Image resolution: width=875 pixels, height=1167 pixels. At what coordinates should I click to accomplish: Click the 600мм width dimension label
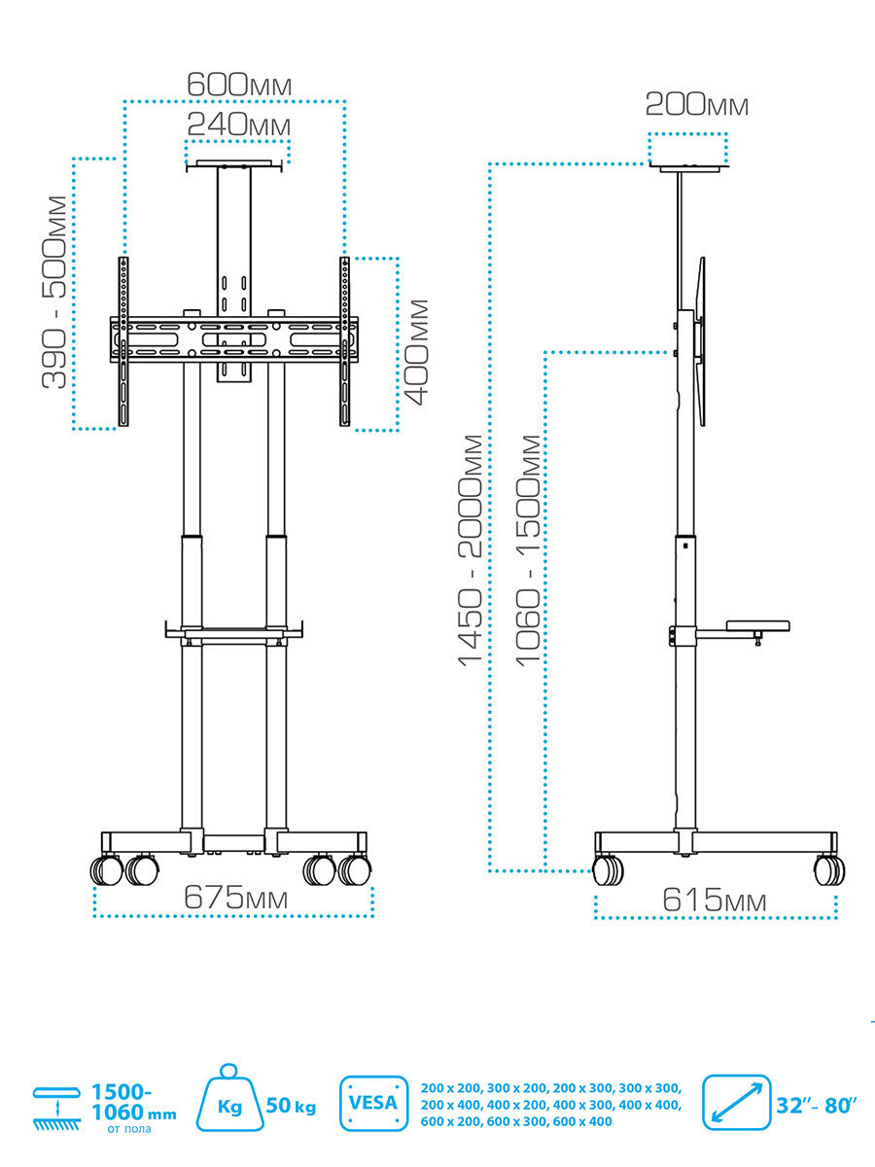click(x=239, y=84)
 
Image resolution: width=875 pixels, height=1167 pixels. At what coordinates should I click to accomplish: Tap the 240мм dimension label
click(x=239, y=124)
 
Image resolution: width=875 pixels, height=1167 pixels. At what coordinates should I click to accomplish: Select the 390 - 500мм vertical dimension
click(x=56, y=292)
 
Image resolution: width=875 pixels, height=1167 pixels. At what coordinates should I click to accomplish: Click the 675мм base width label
click(x=235, y=899)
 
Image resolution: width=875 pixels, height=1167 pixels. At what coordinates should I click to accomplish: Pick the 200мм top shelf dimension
click(x=696, y=104)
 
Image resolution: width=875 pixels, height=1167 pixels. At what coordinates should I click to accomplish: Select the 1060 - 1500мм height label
click(x=528, y=549)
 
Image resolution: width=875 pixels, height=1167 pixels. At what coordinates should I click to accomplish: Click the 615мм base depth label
click(x=714, y=901)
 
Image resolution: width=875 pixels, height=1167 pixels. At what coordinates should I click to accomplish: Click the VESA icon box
click(x=372, y=1103)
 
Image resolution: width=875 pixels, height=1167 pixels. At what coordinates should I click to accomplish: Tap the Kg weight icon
click(x=229, y=1103)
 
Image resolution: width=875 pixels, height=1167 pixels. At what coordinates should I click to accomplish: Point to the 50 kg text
click(x=291, y=1106)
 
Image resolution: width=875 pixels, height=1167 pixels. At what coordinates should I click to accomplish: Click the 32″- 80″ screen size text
click(x=816, y=1105)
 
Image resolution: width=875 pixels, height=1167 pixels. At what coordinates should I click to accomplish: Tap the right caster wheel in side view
click(x=828, y=869)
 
